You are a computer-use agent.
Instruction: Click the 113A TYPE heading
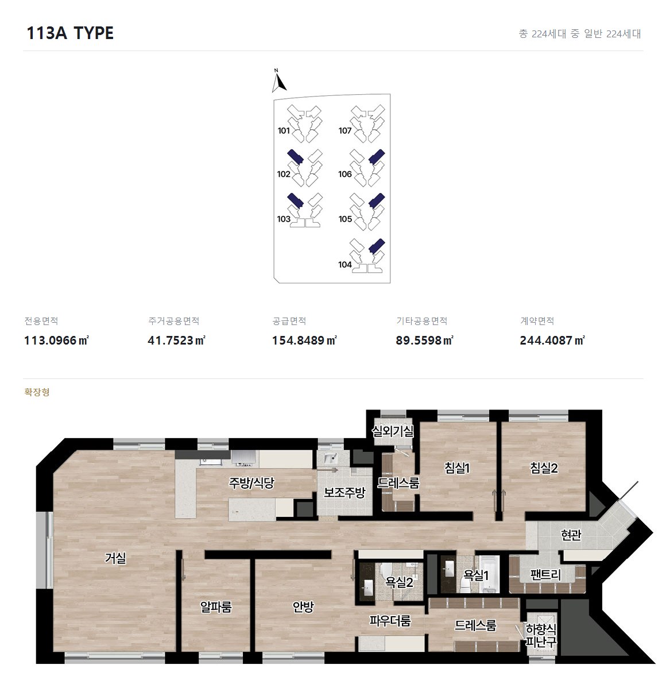70,33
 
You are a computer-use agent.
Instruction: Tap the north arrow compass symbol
278,81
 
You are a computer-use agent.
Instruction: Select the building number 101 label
284,131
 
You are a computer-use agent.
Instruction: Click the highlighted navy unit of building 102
295,157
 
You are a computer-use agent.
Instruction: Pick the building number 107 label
345,131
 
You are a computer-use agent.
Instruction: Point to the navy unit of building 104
377,246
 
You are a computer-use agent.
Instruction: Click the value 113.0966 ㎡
56,341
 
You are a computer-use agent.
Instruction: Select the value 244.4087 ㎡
552,341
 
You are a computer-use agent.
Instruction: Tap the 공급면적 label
289,321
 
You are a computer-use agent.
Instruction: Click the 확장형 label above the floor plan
37,392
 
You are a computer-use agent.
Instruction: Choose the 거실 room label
115,558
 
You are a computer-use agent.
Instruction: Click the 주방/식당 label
251,482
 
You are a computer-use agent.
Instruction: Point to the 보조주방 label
344,492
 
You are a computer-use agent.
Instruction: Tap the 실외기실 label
393,431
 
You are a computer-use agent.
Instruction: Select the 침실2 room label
544,467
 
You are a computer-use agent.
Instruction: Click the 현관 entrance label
571,535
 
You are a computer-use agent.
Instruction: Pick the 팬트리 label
545,575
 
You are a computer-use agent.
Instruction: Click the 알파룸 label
216,606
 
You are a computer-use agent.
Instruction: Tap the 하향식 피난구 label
541,635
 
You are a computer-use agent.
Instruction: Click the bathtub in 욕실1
489,573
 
